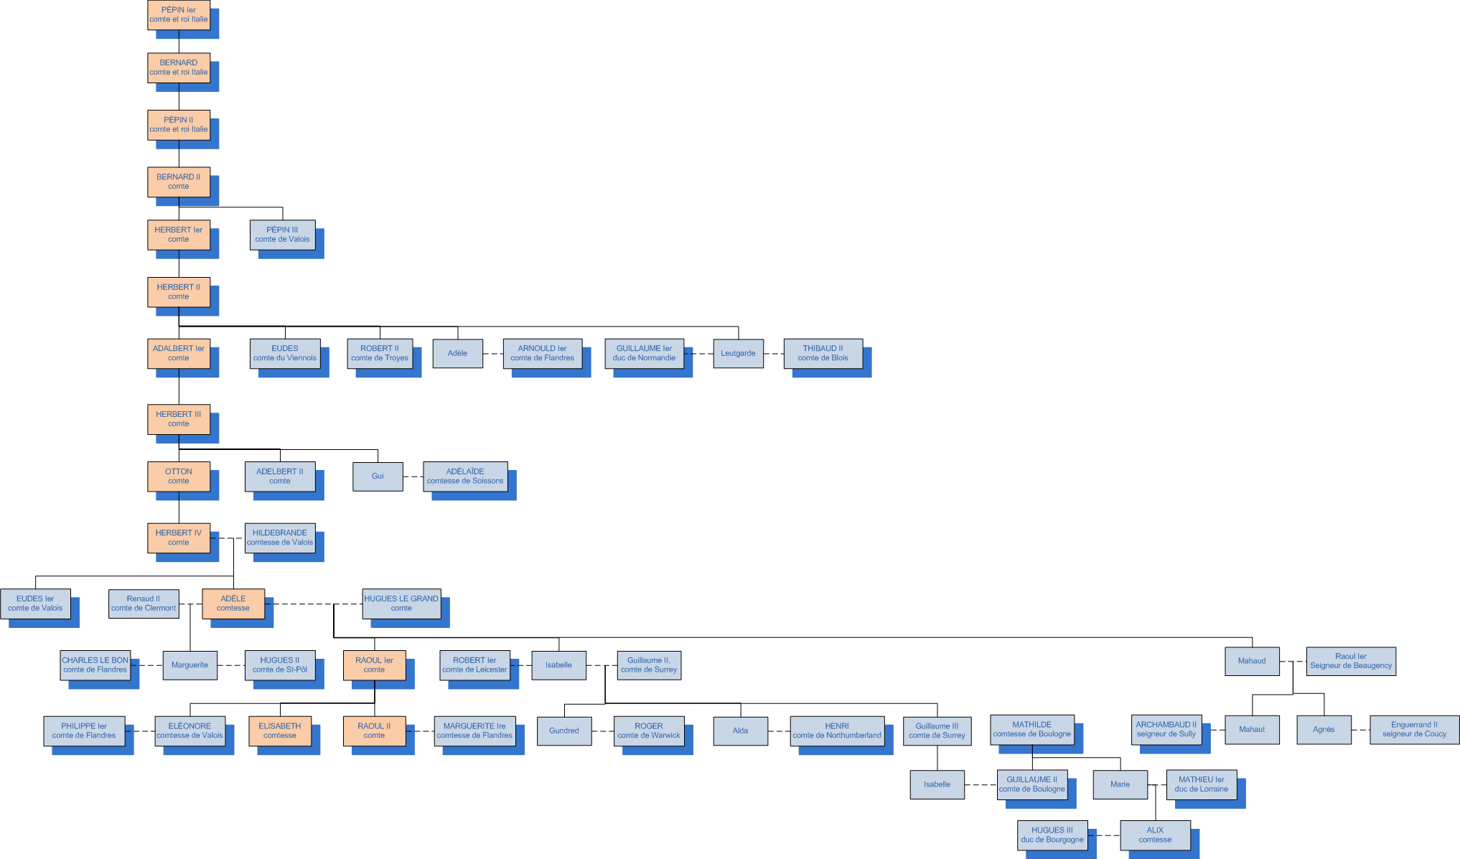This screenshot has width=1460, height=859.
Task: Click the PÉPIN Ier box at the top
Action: coord(179,15)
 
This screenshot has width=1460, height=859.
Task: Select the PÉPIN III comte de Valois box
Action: coord(282,235)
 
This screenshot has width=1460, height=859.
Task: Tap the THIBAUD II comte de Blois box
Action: coord(823,353)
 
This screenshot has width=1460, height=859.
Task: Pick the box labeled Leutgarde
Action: coord(738,353)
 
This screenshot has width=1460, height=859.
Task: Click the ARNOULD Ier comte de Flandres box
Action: coord(542,353)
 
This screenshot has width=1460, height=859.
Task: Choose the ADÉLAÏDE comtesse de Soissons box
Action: coord(465,477)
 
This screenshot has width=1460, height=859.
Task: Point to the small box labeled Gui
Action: coord(378,477)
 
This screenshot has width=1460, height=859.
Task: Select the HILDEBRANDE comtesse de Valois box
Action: coord(280,538)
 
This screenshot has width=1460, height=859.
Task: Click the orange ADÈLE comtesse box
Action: coord(233,604)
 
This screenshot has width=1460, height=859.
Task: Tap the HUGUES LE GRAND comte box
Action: coord(401,604)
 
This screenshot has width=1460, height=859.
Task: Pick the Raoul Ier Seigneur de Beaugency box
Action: coord(1350,661)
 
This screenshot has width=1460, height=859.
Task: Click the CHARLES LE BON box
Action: coord(95,665)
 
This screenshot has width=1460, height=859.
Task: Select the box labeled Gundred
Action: coord(564,731)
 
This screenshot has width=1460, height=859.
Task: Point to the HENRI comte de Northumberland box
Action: coord(837,731)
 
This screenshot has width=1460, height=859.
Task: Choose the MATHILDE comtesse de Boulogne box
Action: coord(1032,729)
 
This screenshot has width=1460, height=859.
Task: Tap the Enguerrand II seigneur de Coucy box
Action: coord(1414,729)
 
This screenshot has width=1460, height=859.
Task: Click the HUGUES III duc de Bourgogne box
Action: coord(1052,835)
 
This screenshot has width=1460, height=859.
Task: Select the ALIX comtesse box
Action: coord(1155,835)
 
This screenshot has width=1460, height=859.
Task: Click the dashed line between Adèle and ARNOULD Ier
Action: coord(493,354)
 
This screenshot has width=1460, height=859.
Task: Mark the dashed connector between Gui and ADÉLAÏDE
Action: coord(413,477)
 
